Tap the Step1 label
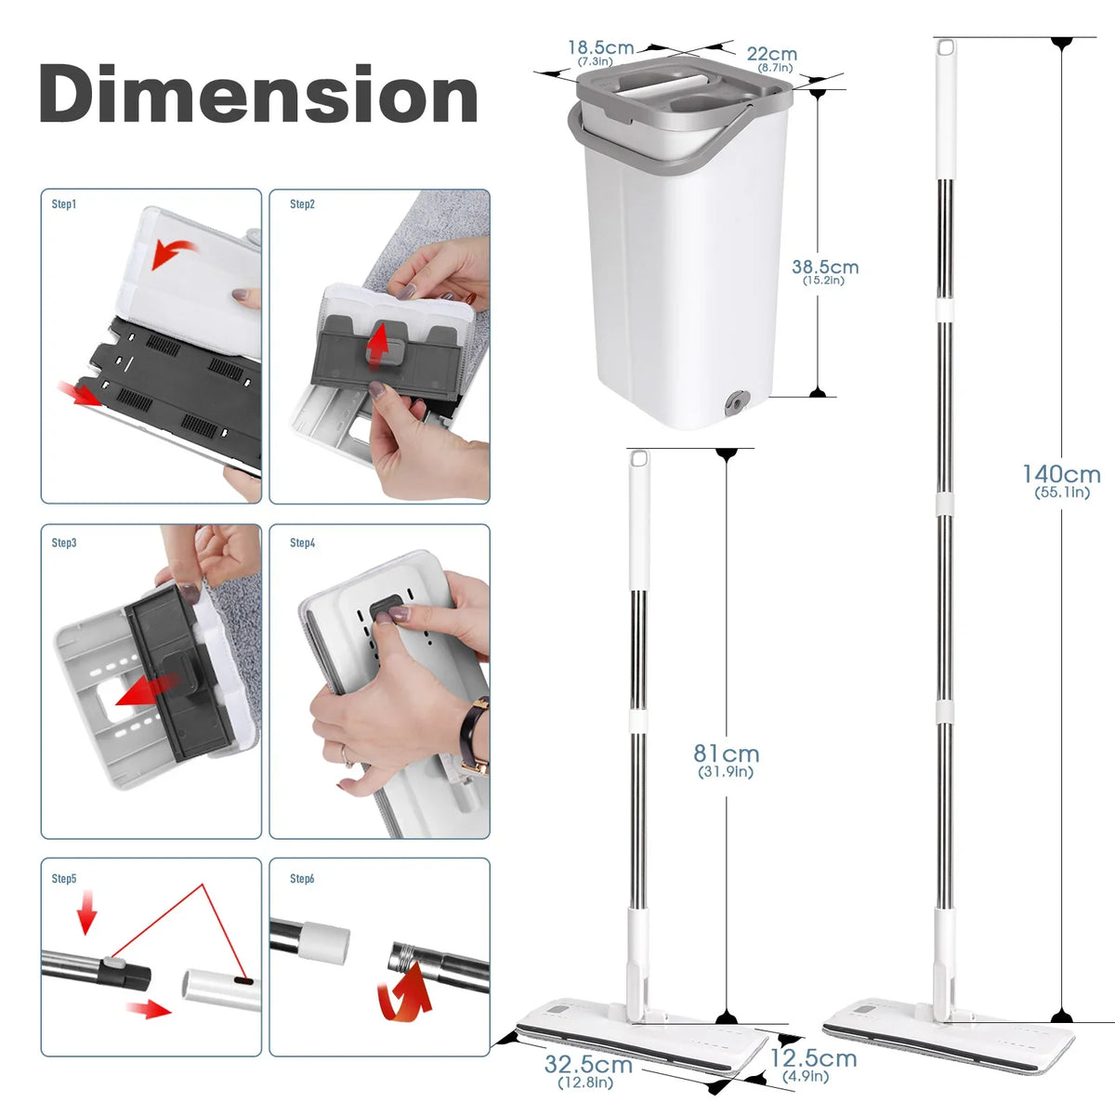point(64,204)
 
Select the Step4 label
point(303,543)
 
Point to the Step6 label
point(302,878)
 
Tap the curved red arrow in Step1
point(173,253)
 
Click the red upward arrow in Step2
point(379,343)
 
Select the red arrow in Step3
point(148,691)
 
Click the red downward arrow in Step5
point(86,912)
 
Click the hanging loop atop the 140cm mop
point(946,47)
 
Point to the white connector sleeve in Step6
point(323,944)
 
